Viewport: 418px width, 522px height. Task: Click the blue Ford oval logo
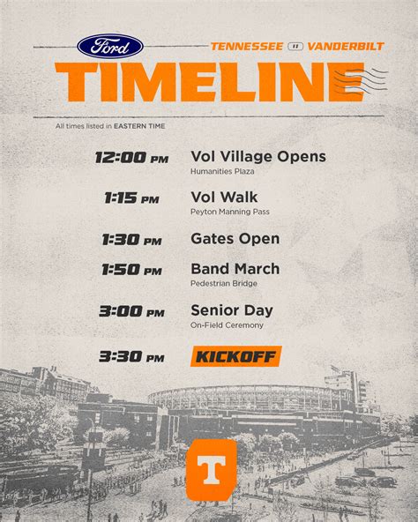point(110,46)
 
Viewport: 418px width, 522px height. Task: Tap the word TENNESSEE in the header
point(247,46)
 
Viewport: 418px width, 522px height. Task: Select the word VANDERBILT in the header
point(346,46)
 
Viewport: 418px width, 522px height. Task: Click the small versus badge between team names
point(295,47)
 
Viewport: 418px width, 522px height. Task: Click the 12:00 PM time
point(132,158)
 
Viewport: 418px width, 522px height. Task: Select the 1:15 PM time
point(132,198)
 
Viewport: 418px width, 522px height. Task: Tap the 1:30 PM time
point(132,240)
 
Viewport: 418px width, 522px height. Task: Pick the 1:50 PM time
point(132,270)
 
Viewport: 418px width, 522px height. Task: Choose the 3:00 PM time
point(132,311)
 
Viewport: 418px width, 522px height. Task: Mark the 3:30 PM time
point(132,357)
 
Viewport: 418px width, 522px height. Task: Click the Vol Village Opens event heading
point(258,157)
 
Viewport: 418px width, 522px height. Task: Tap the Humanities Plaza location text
point(222,171)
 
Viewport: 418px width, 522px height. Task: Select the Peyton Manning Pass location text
point(230,212)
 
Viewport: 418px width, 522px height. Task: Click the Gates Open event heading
point(235,239)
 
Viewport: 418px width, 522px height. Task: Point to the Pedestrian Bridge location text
point(224,284)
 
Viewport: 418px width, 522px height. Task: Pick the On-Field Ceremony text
point(228,325)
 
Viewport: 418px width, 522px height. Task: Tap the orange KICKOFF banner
point(236,356)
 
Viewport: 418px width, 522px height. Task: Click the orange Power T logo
point(211,469)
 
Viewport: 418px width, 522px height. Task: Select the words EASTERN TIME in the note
point(139,126)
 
